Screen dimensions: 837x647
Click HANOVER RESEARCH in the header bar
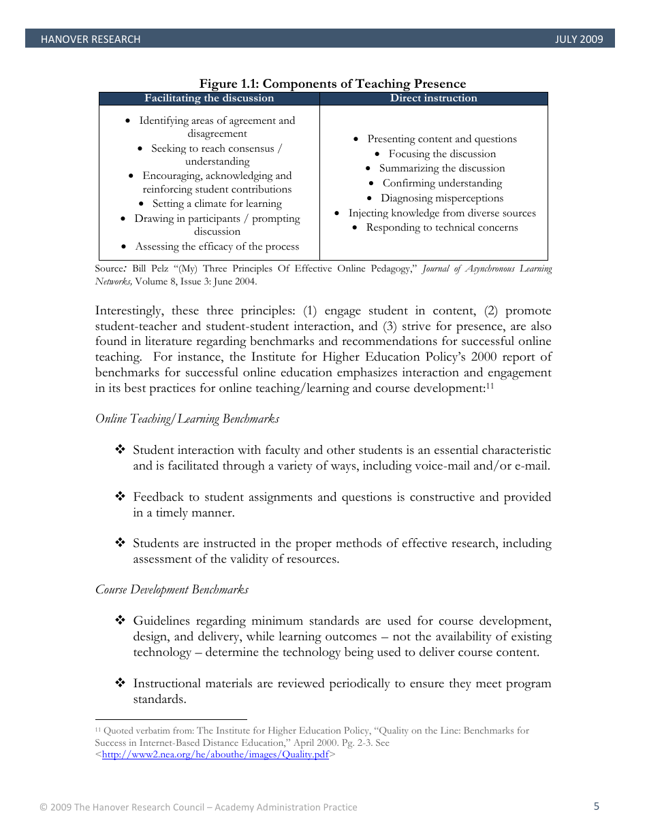tap(91, 39)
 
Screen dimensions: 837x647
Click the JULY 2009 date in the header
tap(579, 39)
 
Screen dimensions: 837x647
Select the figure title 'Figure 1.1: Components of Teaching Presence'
tap(332, 84)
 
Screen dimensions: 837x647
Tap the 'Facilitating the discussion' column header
tap(209, 99)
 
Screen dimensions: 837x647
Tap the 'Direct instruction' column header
tap(433, 99)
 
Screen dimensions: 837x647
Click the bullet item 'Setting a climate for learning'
tap(217, 203)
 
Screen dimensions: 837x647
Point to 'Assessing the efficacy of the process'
tap(217, 246)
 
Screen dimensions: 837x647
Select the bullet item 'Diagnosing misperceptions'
tap(442, 198)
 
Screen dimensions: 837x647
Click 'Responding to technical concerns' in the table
tap(442, 227)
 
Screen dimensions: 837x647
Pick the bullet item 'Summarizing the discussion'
tap(442, 168)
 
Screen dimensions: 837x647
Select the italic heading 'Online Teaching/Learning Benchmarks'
tap(187, 419)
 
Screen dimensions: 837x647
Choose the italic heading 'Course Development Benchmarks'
tap(172, 589)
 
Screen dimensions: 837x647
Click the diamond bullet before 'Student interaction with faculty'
tap(120, 450)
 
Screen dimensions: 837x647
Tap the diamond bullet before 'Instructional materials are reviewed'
tap(120, 683)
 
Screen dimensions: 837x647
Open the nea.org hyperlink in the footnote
tap(215, 755)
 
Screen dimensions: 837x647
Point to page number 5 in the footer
tap(597, 806)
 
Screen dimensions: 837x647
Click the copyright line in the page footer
tap(198, 807)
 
